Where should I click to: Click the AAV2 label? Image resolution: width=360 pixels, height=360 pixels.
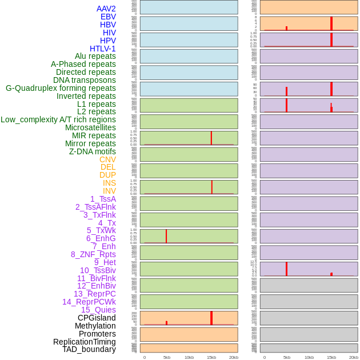click(x=106, y=9)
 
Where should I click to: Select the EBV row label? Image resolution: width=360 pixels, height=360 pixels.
click(x=108, y=17)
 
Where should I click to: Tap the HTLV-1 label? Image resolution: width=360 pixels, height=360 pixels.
click(x=102, y=49)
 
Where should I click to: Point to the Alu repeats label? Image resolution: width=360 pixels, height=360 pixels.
click(x=95, y=56)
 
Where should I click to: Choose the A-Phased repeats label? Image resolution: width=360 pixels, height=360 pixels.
click(x=83, y=64)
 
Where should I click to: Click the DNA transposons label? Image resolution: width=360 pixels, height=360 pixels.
click(x=84, y=80)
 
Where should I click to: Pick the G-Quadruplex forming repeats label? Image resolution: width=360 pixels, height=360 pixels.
click(x=61, y=88)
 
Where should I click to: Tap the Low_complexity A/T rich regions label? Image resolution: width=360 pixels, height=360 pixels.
click(x=58, y=119)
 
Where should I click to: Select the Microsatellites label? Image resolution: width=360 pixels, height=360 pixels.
click(x=90, y=127)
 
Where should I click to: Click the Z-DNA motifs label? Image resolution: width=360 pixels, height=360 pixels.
click(x=92, y=151)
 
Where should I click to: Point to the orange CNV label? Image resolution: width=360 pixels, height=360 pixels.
click(x=107, y=159)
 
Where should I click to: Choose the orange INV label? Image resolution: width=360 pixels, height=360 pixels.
click(x=109, y=191)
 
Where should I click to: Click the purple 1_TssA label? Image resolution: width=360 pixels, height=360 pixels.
click(x=103, y=199)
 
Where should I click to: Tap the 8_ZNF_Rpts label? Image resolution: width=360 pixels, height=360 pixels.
click(x=93, y=254)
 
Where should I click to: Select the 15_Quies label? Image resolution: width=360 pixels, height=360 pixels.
click(x=98, y=310)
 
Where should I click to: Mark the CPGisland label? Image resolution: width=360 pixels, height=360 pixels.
click(x=97, y=318)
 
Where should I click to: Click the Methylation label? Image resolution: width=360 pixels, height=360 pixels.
click(x=95, y=326)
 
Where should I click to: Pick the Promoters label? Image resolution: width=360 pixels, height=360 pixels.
click(x=97, y=334)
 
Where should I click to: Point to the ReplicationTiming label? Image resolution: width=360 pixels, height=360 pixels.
click(x=84, y=342)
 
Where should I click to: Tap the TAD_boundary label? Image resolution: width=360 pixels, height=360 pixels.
click(x=89, y=349)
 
